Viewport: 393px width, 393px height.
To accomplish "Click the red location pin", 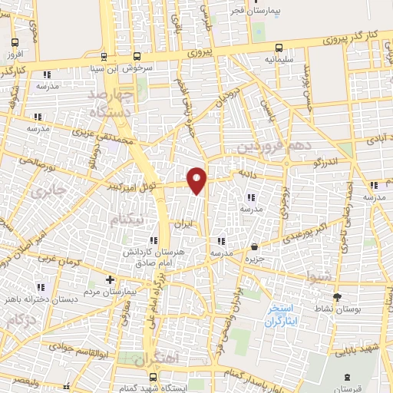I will click(x=197, y=179).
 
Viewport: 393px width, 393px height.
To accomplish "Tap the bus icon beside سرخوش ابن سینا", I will click(x=137, y=56).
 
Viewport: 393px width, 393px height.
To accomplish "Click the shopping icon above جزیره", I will click(x=255, y=246).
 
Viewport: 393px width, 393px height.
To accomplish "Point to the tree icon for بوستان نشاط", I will click(x=336, y=296).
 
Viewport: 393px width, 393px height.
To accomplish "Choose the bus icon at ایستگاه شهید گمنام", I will click(x=154, y=377).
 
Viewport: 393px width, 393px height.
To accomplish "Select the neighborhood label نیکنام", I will click(x=127, y=220).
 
